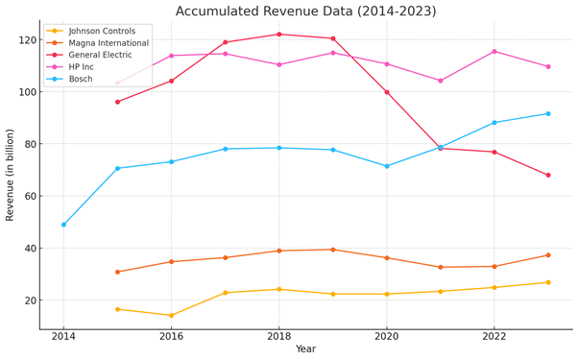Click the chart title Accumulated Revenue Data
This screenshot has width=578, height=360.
point(305,11)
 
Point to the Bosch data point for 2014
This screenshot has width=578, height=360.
point(64,225)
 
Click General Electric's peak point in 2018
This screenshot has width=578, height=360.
point(279,35)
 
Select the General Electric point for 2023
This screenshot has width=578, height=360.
point(548,175)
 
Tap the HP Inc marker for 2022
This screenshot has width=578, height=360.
point(494,52)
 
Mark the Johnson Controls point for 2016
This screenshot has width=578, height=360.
point(172,315)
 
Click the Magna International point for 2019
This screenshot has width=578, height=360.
point(333,250)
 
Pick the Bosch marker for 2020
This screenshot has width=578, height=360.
point(387,166)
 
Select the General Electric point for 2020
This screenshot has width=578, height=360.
point(387,92)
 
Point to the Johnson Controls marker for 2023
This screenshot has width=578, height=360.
point(548,282)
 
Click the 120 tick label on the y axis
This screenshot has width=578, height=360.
point(26,40)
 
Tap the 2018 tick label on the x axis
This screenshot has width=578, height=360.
point(279,336)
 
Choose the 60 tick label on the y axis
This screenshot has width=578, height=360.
point(29,197)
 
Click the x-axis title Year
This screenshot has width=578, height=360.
point(305,350)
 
